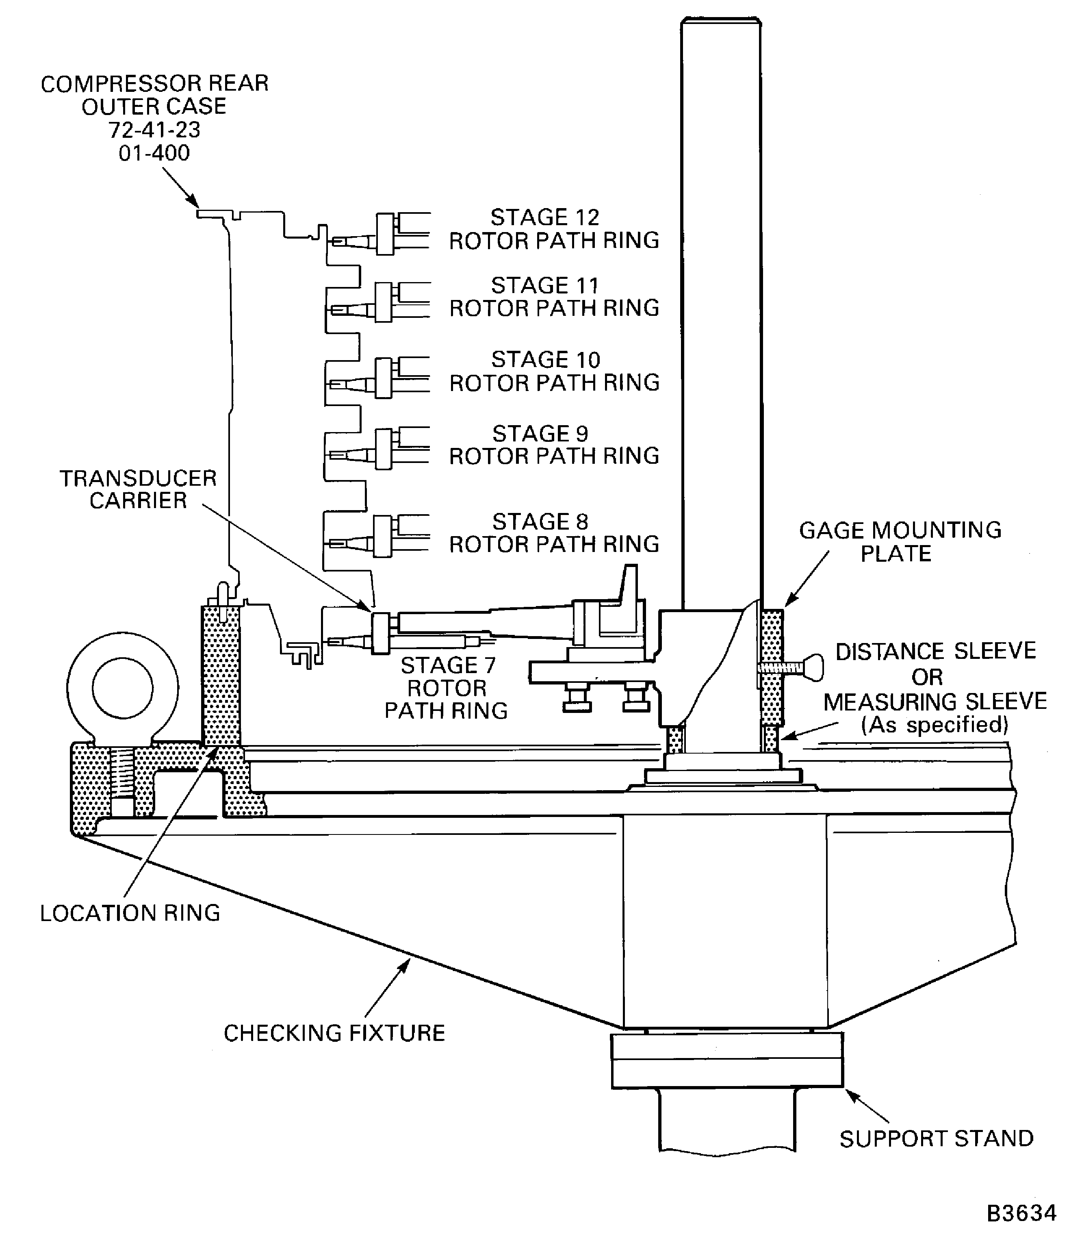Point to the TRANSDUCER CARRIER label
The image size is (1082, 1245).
point(138,489)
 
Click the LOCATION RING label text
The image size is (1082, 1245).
point(130,913)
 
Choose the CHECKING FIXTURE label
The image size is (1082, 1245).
point(334,1033)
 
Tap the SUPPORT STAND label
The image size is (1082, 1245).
point(936,1139)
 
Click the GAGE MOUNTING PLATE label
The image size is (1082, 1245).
point(900,542)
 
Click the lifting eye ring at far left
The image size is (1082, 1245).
point(123,687)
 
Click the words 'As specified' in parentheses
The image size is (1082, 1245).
point(934,724)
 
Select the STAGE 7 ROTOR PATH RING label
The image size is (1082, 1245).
point(447,688)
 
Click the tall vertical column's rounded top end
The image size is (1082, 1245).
point(721,22)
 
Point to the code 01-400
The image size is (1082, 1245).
point(154,153)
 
